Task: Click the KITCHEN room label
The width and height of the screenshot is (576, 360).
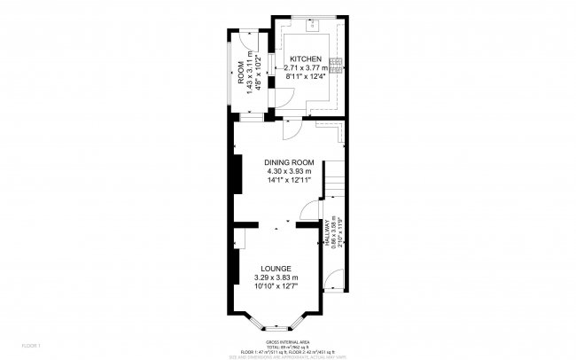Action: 305,59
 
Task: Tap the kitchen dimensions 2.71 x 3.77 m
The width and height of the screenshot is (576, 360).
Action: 306,67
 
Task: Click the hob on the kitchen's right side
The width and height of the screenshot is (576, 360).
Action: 337,64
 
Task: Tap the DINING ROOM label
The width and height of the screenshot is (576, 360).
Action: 289,161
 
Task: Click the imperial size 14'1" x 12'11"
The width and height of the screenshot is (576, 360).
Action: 289,180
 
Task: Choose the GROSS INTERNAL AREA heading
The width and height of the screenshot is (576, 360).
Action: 287,340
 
